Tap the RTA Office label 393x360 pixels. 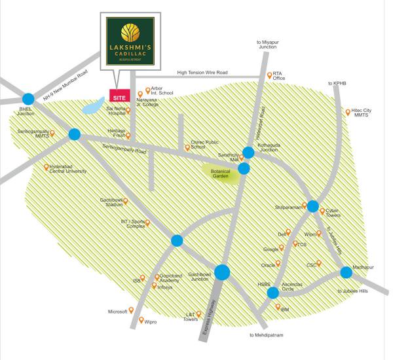[279, 75]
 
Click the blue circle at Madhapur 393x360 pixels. [346, 272]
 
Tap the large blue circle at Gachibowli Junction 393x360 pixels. [222, 272]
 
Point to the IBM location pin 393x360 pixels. [278, 307]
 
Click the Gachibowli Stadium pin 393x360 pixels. [126, 200]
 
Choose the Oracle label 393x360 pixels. [268, 265]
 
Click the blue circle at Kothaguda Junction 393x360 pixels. [248, 153]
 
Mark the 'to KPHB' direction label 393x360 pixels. [339, 83]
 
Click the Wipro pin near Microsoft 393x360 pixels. [140, 321]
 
